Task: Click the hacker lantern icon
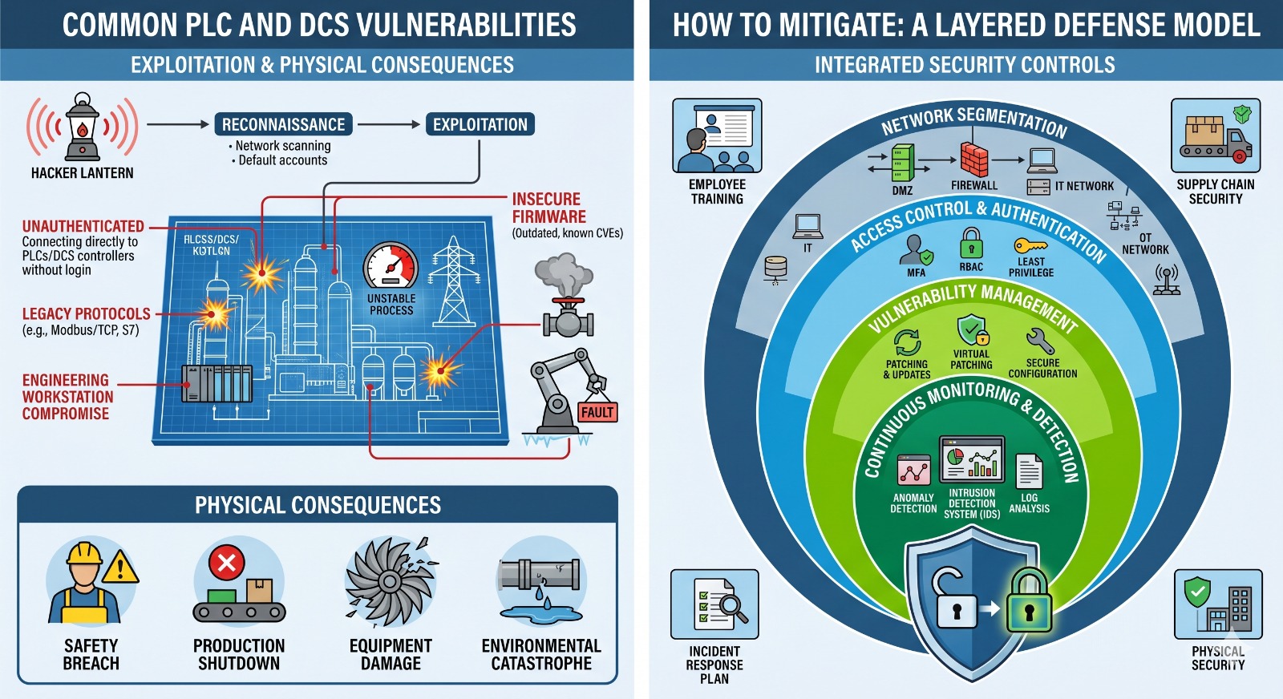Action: coord(83,127)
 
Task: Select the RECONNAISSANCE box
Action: coord(283,124)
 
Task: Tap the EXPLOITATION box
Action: coord(480,124)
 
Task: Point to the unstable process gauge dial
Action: coord(391,265)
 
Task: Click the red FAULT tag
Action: coord(597,412)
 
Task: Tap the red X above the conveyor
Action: coord(226,563)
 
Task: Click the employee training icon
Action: coord(717,136)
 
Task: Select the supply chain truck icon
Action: coord(1216,136)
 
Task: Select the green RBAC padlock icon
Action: coord(971,243)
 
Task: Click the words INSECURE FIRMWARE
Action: coord(549,208)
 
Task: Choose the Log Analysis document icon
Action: coord(1029,471)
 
